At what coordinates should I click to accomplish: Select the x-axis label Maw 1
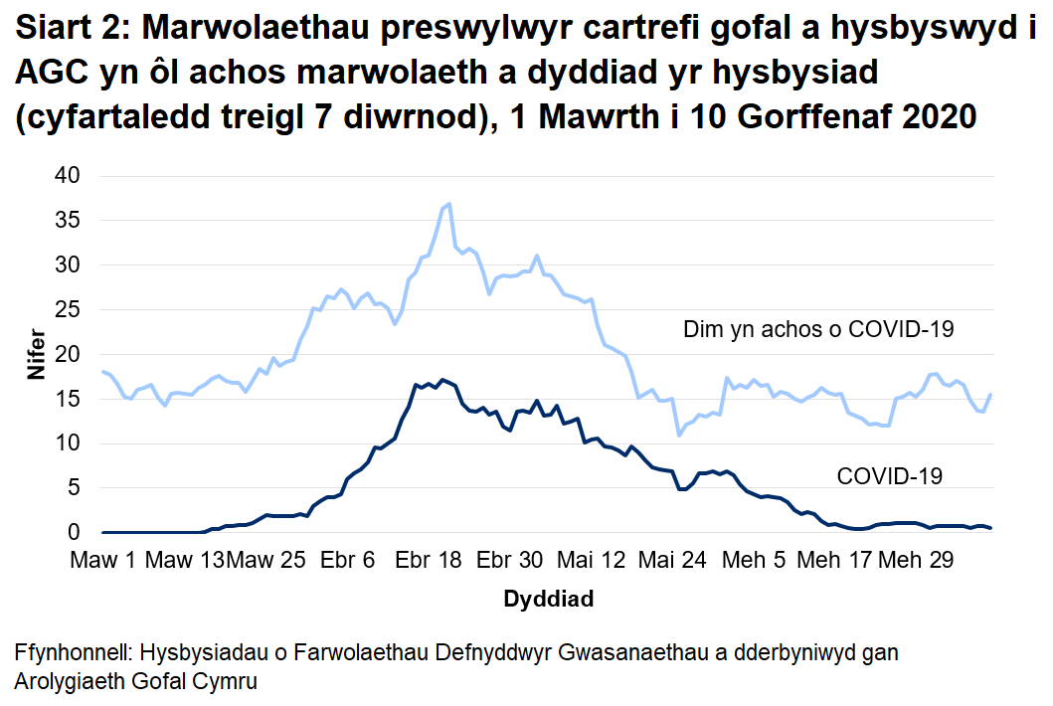tap(103, 561)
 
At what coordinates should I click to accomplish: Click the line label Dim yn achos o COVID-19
tap(818, 329)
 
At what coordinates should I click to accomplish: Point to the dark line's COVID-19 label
tap(889, 476)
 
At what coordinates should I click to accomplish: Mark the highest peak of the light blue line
tap(450, 204)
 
